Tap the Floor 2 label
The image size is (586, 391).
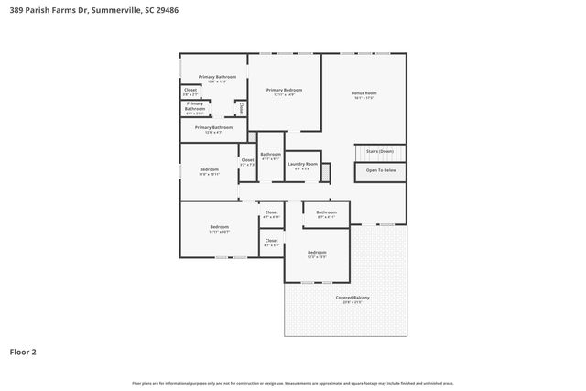pos(23,351)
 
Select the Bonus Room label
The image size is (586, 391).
pos(364,93)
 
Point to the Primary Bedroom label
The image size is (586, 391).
pos(284,90)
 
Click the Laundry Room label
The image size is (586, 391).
pos(302,165)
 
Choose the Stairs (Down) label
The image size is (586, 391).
pos(379,151)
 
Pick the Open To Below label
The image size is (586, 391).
pos(381,170)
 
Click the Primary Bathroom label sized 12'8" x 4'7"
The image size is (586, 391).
pos(213,128)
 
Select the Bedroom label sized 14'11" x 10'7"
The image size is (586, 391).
pos(219,228)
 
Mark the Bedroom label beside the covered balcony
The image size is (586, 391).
pos(317,253)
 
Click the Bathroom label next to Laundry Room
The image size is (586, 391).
pos(270,155)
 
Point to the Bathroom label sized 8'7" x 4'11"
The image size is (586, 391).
pos(327,213)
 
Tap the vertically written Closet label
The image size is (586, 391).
pos(242,108)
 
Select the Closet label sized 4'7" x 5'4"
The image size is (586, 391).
pos(271,242)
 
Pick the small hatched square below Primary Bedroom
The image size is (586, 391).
pos(253,137)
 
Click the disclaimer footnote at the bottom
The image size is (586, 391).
pos(292,383)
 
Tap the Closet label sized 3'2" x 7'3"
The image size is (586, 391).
pos(247,161)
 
